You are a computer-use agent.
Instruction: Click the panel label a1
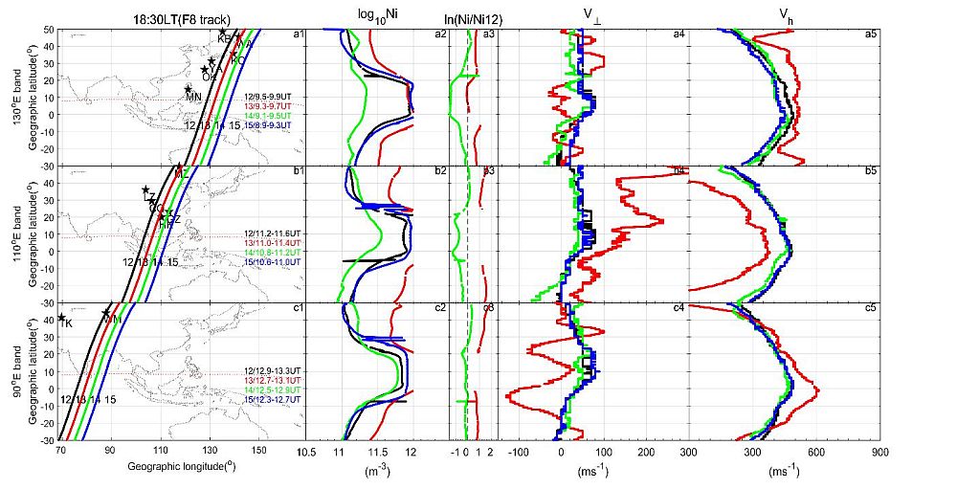(298, 35)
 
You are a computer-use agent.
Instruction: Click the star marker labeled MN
(189, 89)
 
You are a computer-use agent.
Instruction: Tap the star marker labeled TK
(62, 318)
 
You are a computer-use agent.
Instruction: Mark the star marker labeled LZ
(145, 190)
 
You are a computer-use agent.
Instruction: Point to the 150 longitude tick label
(259, 450)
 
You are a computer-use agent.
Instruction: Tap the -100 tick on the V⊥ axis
(518, 450)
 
